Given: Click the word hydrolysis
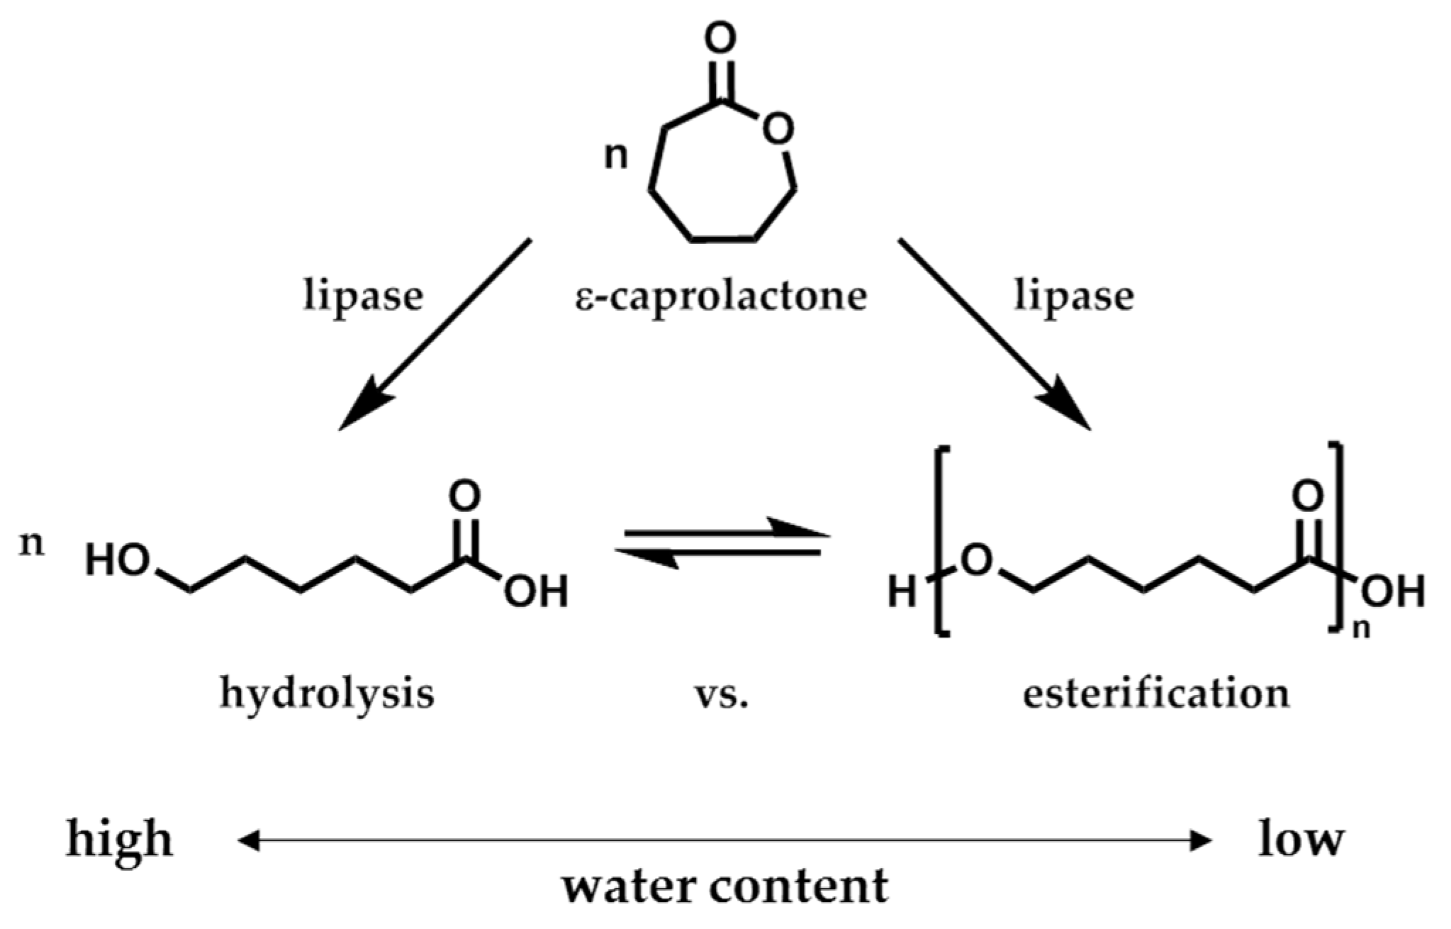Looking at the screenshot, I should [x=327, y=693].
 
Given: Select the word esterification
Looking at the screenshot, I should [x=1155, y=693].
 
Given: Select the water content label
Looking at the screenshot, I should [x=725, y=886].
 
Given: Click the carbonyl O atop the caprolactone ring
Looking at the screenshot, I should [x=720, y=39].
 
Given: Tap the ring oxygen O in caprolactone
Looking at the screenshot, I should [x=777, y=130].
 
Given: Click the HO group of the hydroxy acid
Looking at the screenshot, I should [x=117, y=560].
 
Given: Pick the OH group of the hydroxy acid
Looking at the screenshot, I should [x=536, y=591].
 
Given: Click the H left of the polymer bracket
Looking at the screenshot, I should [x=902, y=591].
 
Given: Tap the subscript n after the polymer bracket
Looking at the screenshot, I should [x=1361, y=628].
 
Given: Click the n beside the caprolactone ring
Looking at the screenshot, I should [x=615, y=156].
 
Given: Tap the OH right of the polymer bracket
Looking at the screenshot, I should [x=1393, y=591].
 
